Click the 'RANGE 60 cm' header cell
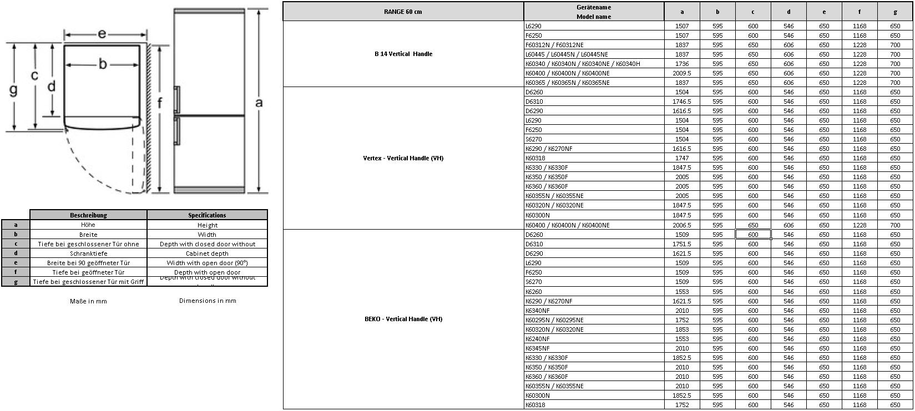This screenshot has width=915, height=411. (403, 12)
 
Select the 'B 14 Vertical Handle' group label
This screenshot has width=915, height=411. (403, 54)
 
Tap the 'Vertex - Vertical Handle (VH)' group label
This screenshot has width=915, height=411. (403, 158)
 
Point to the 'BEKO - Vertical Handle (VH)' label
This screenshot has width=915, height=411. (403, 319)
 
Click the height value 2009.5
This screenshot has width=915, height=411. (682, 73)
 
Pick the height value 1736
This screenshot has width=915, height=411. (682, 64)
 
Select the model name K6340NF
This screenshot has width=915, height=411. (537, 311)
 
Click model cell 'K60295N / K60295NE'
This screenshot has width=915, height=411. (554, 320)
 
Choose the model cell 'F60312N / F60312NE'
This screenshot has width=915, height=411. (554, 45)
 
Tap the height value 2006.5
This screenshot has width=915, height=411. (682, 225)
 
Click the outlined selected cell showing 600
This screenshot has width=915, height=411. (753, 235)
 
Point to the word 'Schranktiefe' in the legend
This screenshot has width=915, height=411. (88, 253)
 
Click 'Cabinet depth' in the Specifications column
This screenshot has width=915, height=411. (207, 253)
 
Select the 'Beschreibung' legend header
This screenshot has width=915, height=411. (88, 215)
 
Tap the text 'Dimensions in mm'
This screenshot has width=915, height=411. (208, 301)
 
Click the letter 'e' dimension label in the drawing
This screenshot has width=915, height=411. (102, 34)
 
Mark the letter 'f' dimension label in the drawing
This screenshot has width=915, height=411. (160, 103)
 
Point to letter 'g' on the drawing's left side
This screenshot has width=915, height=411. (13, 89)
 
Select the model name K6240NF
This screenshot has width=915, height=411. (537, 339)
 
